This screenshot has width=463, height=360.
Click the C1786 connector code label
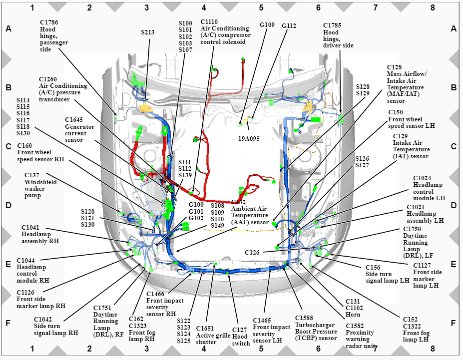[x=49, y=22]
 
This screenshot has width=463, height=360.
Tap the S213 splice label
[x=147, y=32]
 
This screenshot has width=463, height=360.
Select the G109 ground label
[x=267, y=25]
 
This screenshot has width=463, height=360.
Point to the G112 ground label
[x=289, y=25]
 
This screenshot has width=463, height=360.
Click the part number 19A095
[x=249, y=138]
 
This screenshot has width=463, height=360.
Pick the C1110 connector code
[x=209, y=22]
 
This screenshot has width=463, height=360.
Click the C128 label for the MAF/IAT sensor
[x=394, y=67]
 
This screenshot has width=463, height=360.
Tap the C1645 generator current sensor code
[x=74, y=120]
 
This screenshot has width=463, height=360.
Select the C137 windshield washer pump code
[x=32, y=175]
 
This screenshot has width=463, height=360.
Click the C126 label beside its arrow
[x=252, y=252]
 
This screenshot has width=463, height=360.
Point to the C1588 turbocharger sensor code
[x=304, y=318]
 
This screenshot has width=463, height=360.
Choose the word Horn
[x=353, y=315]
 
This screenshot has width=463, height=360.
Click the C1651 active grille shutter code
[x=205, y=329]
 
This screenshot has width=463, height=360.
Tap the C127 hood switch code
[x=239, y=330]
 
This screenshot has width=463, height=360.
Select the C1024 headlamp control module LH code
[x=422, y=178]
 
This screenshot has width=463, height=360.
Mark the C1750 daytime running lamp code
[x=412, y=229]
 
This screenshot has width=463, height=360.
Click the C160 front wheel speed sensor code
[x=24, y=146]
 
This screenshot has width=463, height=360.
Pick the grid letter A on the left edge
[x=8, y=28]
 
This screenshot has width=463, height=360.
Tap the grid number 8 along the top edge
[x=433, y=7]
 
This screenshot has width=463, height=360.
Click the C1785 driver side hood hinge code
[x=332, y=25]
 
